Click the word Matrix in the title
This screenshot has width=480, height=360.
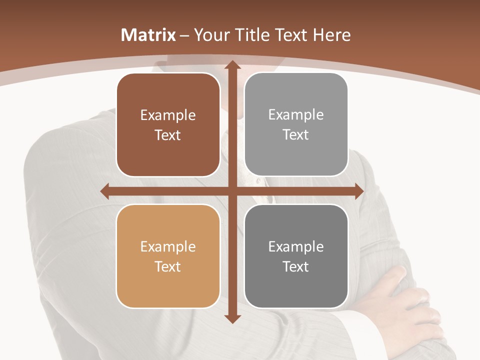[x=148, y=35]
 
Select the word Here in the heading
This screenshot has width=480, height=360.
[x=332, y=35]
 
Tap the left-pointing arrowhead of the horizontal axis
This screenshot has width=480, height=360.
[x=105, y=191]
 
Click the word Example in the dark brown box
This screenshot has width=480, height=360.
[x=168, y=115]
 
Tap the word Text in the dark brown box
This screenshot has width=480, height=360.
[x=168, y=135]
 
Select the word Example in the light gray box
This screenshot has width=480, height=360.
[x=296, y=115]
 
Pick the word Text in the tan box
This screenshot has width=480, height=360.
[x=168, y=266]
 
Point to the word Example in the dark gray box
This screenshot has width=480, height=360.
[x=296, y=246]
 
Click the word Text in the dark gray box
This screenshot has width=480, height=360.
[x=296, y=266]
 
